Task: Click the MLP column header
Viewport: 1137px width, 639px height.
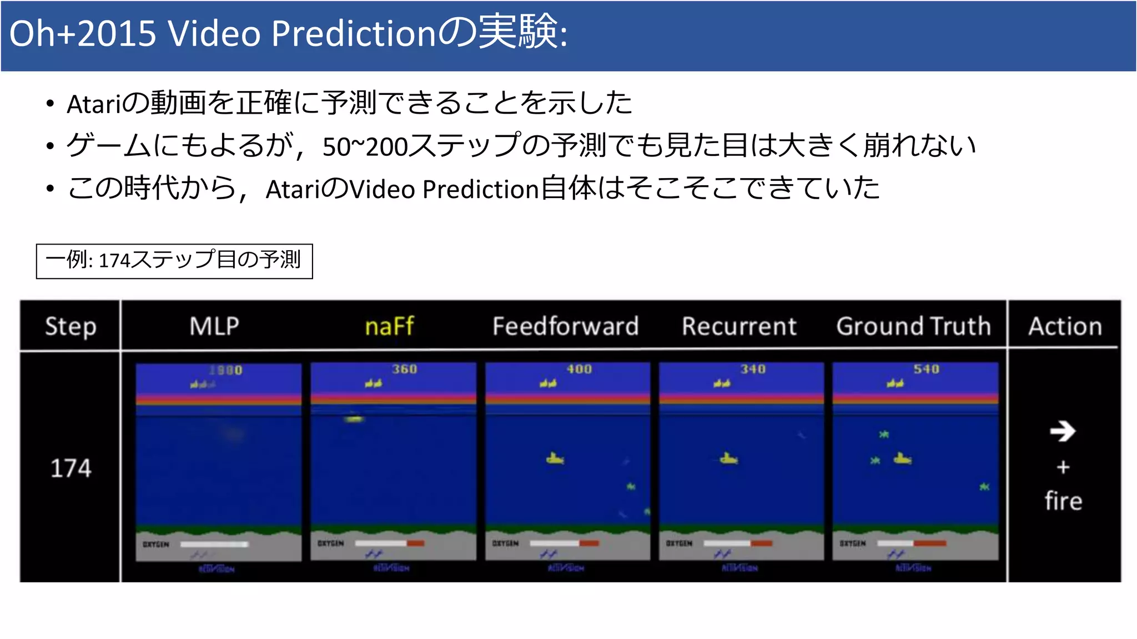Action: pyautogui.click(x=214, y=326)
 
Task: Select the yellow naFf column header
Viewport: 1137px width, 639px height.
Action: pyautogui.click(x=389, y=326)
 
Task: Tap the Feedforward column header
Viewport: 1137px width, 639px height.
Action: pyautogui.click(x=565, y=326)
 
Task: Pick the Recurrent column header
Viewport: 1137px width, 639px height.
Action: pyautogui.click(x=739, y=326)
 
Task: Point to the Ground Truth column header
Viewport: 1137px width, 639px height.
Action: pyautogui.click(x=913, y=326)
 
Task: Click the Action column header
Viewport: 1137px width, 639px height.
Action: pyautogui.click(x=1065, y=326)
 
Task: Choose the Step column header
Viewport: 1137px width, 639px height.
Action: pyautogui.click(x=71, y=326)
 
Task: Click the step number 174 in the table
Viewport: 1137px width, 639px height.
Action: pyautogui.click(x=71, y=468)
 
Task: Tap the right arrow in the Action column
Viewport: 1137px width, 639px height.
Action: pyautogui.click(x=1063, y=431)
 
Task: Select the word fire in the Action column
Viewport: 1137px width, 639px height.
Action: pyautogui.click(x=1063, y=500)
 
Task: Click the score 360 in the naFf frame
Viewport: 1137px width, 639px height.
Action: pyautogui.click(x=404, y=369)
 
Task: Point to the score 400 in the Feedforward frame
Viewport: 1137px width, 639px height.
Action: pyautogui.click(x=579, y=369)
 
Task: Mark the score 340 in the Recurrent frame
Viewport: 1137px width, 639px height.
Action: pyautogui.click(x=753, y=369)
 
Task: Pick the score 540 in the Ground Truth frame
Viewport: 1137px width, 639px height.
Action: pyautogui.click(x=927, y=369)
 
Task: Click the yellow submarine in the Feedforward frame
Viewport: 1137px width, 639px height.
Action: pyautogui.click(x=555, y=459)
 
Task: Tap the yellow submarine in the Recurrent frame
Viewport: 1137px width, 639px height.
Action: pyautogui.click(x=728, y=459)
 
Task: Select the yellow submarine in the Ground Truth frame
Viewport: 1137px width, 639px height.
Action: pyautogui.click(x=902, y=459)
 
